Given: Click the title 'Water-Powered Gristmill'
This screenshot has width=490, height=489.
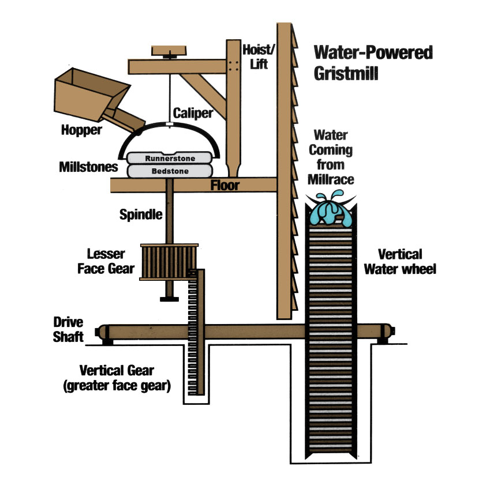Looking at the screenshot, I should tap(373, 63).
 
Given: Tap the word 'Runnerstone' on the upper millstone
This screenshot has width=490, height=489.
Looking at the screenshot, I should tap(170, 158).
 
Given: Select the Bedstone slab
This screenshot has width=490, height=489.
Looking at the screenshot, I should tap(170, 171).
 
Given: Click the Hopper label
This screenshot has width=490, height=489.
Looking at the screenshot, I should tap(81, 130).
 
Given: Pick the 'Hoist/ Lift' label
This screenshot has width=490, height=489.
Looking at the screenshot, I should tap(256, 55).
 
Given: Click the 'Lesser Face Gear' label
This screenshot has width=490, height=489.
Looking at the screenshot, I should tap(110, 261).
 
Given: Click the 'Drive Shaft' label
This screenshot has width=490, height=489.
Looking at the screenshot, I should tap(69, 329).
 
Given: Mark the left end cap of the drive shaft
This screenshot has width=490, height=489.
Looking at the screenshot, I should tap(103, 333).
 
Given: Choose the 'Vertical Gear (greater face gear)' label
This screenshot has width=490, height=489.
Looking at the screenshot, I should tap(117, 378).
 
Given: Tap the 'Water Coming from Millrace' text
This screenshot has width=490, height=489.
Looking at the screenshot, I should tap(331, 157).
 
